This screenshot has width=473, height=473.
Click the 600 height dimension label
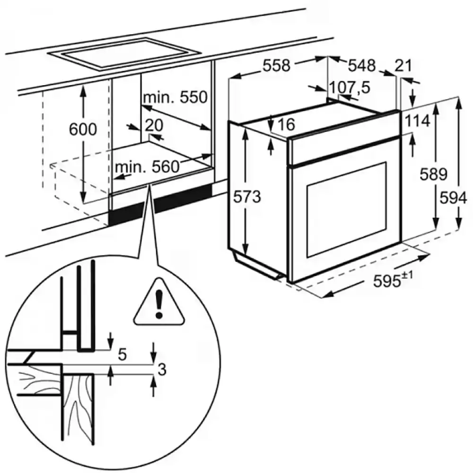pos(83,129)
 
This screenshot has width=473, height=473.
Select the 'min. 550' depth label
pos(175,97)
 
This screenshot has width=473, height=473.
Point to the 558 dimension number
pos(276,66)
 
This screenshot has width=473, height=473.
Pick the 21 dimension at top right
pos(403,65)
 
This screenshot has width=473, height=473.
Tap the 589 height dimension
pos(433,175)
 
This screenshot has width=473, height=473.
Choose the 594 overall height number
pos(454,198)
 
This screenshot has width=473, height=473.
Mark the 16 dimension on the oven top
pos(286,124)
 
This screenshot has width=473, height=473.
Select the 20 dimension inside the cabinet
pos(154,125)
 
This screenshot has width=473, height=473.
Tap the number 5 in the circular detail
pos(123,354)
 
